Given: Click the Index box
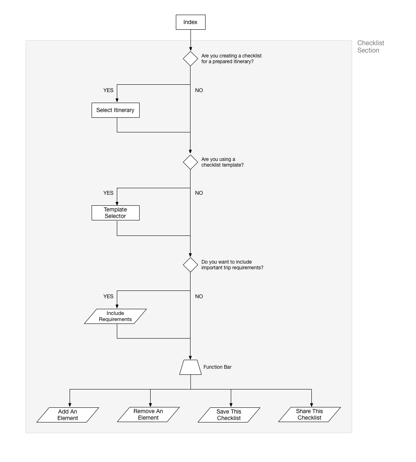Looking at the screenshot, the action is [190, 22].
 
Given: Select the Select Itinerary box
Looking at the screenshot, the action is [116, 110].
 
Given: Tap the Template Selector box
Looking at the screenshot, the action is [116, 213].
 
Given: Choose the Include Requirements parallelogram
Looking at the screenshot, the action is [116, 317].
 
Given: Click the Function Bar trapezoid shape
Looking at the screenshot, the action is [190, 367].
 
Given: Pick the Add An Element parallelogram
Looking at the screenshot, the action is [68, 415].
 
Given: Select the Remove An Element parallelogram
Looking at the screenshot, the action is [149, 415].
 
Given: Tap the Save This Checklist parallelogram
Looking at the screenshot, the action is [229, 415].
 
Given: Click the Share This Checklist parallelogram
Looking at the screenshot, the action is [309, 415].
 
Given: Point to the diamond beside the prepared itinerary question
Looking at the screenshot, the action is [190, 59].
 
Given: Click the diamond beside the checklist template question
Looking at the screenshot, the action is [190, 162].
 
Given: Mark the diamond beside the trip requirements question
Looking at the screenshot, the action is [190, 265].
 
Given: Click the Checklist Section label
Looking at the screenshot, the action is [371, 46].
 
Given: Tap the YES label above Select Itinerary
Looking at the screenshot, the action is [108, 90].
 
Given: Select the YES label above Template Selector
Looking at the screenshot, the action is [108, 193].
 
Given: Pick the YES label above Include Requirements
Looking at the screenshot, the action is [108, 297].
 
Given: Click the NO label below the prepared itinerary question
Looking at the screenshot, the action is [199, 90].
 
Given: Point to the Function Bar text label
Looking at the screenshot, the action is [218, 367].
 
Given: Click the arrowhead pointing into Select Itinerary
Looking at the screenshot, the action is [117, 101].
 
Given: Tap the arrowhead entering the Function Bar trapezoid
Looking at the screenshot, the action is [190, 358].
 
